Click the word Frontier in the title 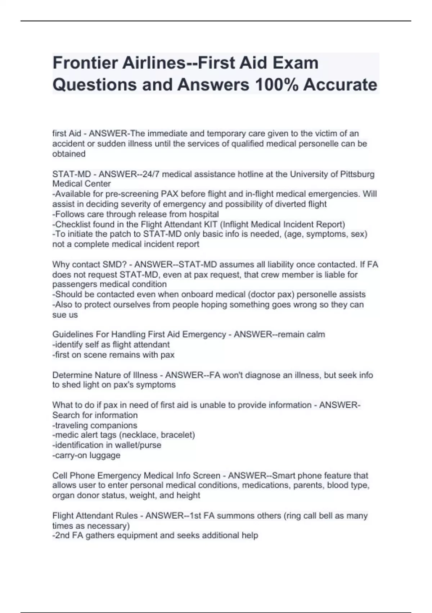85,63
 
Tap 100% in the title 276,85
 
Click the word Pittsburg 356,174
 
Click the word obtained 69,154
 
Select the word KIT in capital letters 210,224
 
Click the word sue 59,315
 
